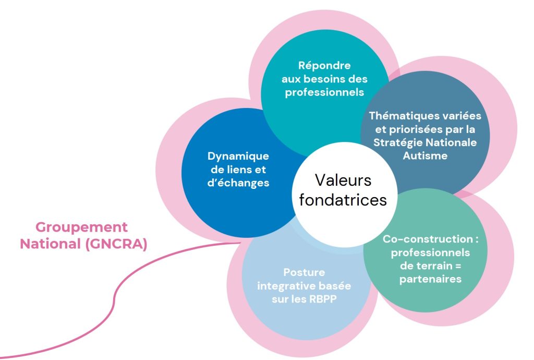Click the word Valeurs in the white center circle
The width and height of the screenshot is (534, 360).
click(343, 181)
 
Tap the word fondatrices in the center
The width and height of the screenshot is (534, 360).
click(343, 200)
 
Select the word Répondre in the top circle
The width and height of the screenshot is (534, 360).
click(324, 66)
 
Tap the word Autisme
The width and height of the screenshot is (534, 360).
click(425, 155)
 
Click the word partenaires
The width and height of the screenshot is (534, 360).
click(431, 279)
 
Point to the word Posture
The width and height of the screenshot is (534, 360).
click(304, 272)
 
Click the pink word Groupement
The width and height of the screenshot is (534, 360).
click(81, 227)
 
